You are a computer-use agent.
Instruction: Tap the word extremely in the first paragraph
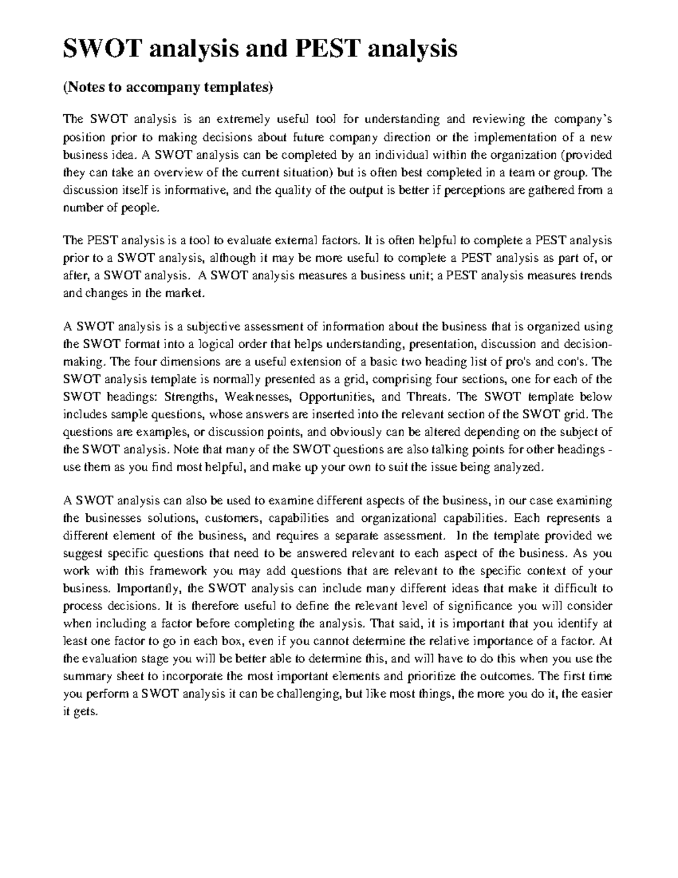click(243, 119)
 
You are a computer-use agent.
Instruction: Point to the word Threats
click(429, 397)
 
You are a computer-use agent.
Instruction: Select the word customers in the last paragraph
click(232, 518)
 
